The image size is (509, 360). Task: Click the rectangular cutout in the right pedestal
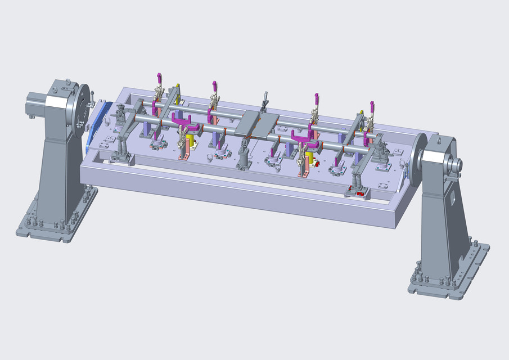pyautogui.click(x=452, y=198)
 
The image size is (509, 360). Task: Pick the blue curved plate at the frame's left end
pyautogui.click(x=97, y=127)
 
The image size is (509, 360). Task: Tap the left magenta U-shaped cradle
pyautogui.click(x=182, y=120)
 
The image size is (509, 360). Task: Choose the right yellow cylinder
pyautogui.click(x=310, y=156)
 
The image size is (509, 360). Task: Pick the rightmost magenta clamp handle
pyautogui.click(x=372, y=107)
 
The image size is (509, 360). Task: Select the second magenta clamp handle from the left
pyautogui.click(x=214, y=87)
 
